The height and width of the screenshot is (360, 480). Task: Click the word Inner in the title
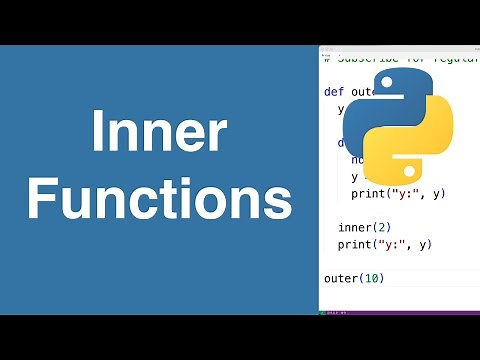pos(159,134)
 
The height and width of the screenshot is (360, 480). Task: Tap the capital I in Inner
pos(97,134)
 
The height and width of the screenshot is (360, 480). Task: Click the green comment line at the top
pos(400,56)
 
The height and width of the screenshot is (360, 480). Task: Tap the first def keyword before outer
pos(333,91)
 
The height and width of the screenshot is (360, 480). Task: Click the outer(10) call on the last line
pos(354,277)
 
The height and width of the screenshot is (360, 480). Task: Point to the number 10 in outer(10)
pos(373,277)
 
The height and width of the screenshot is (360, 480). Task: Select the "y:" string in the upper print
pos(407,193)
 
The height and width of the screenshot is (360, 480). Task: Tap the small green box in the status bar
pos(324,312)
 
